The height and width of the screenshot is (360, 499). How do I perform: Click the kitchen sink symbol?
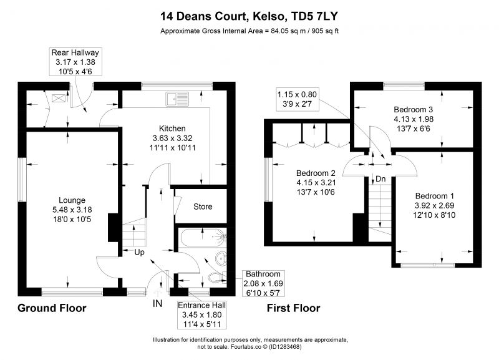pos(177,99)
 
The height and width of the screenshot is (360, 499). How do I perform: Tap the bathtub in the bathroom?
pos(203,238)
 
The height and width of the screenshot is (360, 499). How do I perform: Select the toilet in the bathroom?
pos(218,277)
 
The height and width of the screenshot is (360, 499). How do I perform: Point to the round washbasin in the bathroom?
pos(221,258)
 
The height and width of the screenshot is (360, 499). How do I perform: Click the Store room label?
pos(203,207)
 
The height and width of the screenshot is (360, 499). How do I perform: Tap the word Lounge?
pos(72,200)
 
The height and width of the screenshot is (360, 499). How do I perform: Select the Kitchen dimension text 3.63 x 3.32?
pos(173,138)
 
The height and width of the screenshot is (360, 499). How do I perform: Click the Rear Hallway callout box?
pos(75,62)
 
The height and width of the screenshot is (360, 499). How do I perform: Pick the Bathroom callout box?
pos(263,283)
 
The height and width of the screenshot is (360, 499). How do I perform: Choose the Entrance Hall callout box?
pos(201,315)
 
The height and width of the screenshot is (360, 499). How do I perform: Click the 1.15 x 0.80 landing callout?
pos(298,99)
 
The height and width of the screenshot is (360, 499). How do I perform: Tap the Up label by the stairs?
pos(139,253)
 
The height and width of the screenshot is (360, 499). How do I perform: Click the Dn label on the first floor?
pos(380,179)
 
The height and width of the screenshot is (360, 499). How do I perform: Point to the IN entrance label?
pos(157,304)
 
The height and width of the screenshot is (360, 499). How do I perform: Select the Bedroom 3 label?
pos(413,109)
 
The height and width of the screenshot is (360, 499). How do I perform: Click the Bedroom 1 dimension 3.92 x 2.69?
pos(434,205)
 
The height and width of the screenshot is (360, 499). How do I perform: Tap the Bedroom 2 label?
pos(316,173)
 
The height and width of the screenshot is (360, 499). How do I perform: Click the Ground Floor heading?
pos(52,308)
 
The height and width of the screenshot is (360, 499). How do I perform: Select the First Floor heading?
pos(293,308)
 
